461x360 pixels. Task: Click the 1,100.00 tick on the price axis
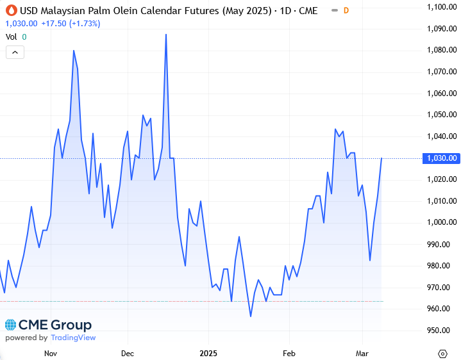coord(442,6)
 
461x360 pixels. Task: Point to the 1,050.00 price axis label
coord(442,115)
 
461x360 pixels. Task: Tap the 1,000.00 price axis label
coord(442,222)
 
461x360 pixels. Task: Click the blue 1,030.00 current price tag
coord(442,158)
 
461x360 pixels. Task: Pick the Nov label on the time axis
coord(50,353)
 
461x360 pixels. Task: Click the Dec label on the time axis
coord(128,353)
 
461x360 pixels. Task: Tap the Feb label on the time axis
coord(289,353)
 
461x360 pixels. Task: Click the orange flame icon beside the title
coord(11,10)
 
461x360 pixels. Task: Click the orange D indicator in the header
coord(346,10)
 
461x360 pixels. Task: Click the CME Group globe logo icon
coord(11,325)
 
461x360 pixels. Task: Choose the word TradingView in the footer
coord(73,338)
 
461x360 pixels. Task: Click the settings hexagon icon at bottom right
coord(442,353)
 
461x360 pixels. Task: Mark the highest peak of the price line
coord(166,35)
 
